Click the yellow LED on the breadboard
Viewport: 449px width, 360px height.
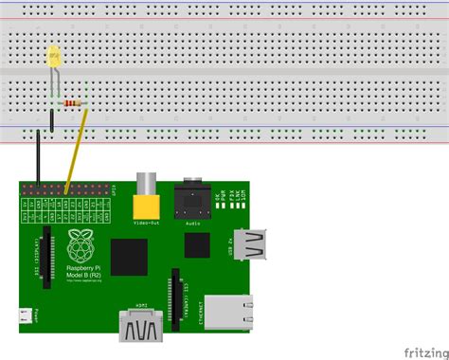[54, 57]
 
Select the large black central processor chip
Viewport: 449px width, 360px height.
[129, 256]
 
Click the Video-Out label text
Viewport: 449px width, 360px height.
[148, 225]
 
